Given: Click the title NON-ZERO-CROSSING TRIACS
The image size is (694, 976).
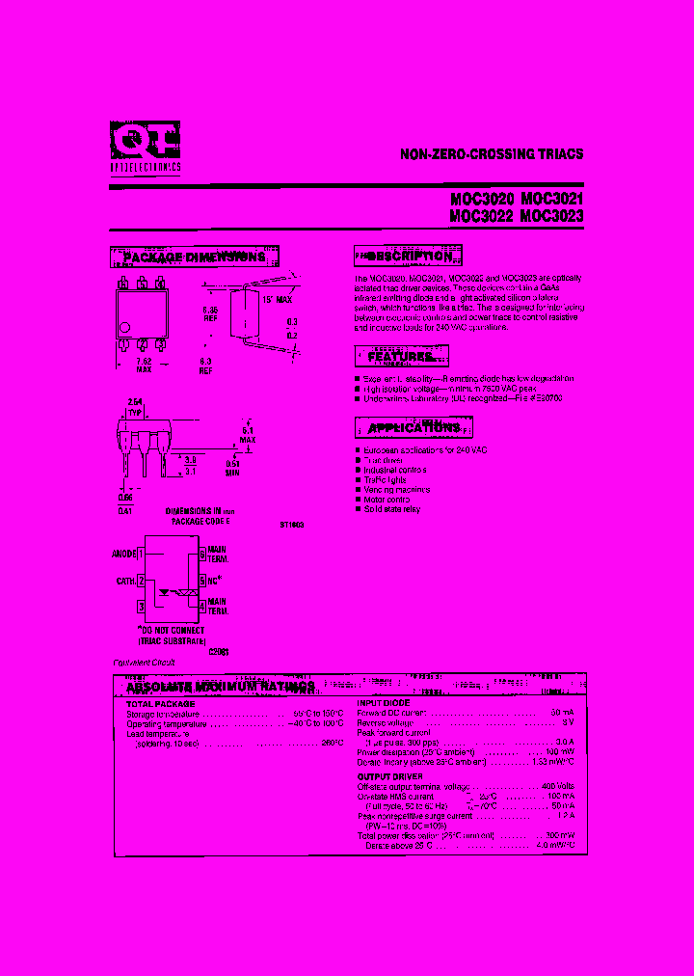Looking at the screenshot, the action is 492,154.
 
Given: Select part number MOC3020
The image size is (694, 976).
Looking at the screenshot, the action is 482,200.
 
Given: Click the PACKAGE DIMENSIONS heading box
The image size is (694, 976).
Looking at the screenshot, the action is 196,258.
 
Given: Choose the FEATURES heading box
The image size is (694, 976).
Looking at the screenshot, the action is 401,357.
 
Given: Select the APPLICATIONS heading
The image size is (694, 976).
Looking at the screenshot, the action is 414,427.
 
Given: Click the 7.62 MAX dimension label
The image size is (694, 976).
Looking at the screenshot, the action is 145,365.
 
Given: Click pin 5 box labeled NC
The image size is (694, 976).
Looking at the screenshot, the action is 202,581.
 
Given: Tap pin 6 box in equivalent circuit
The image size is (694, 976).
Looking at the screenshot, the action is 201,554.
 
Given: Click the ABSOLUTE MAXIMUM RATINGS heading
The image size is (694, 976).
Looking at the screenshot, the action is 221,688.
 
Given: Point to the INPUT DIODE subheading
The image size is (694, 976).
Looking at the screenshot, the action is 384,704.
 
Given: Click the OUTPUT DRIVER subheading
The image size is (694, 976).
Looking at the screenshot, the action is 388,776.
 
